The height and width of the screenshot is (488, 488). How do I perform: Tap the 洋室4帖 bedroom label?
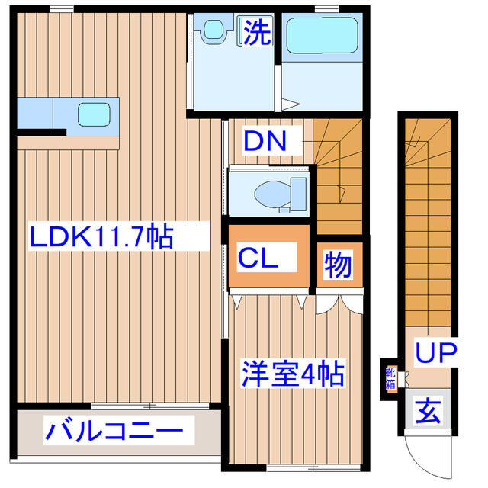294,374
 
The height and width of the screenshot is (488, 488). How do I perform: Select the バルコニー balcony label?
114,432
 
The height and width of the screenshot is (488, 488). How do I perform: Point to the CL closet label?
258,258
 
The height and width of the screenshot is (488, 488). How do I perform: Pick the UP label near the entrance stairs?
435,352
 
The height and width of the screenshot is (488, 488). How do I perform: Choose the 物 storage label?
338,265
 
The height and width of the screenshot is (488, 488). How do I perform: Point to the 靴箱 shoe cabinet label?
390,378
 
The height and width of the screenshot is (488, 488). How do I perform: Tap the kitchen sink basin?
97,114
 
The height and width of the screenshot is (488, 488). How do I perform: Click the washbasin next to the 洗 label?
211,31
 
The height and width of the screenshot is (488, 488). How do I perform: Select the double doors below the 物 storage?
339,301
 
